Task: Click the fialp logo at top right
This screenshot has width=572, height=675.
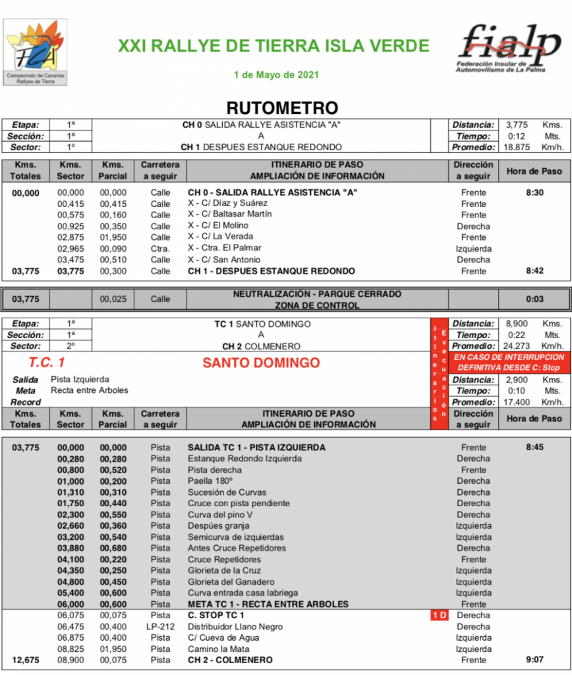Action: [x=510, y=47]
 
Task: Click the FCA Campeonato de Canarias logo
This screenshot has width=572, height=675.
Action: [x=36, y=52]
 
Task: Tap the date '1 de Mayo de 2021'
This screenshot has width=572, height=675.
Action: [x=276, y=74]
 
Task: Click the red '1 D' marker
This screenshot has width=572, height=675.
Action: [x=440, y=616]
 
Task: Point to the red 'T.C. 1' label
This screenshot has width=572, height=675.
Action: [x=46, y=363]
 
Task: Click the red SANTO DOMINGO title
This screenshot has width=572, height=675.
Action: [x=261, y=363]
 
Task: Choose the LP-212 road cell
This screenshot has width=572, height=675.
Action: [x=160, y=627]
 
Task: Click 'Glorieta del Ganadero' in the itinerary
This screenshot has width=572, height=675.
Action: [x=231, y=582]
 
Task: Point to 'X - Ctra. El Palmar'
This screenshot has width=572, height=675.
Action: [x=224, y=248]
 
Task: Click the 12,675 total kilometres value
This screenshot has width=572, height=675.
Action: [x=26, y=660]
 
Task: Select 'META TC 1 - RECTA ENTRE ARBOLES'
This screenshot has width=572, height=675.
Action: [x=268, y=604]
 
